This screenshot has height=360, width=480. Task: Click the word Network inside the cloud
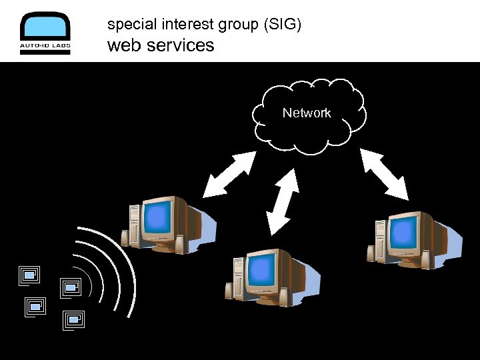(307, 113)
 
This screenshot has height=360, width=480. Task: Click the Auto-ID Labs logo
(45, 33)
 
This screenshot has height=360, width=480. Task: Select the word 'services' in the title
(181, 45)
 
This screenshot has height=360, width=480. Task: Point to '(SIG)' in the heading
(283, 25)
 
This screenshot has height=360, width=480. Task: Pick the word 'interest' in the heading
(182, 25)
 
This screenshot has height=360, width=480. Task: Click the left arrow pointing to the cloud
(229, 174)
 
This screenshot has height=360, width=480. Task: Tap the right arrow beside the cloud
(384, 174)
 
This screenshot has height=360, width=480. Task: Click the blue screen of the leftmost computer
(159, 217)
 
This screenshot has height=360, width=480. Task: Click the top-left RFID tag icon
(29, 275)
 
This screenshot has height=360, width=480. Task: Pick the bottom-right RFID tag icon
(73, 320)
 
